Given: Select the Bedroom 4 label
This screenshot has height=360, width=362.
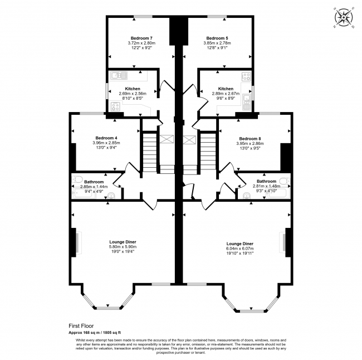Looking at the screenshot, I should [106, 138].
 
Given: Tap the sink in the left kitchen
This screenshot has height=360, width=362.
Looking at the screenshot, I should [119, 75].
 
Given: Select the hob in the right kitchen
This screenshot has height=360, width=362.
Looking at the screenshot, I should [246, 77].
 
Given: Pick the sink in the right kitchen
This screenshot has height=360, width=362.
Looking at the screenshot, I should [246, 100].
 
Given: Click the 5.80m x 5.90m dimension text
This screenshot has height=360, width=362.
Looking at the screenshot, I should [122, 247].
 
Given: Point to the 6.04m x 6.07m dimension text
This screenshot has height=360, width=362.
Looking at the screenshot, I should [240, 249].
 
